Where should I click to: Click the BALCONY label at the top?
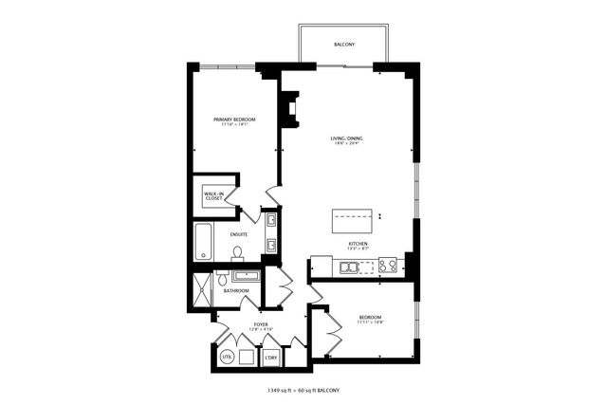pyautogui.click(x=343, y=45)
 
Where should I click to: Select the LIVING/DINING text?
pyautogui.click(x=346, y=139)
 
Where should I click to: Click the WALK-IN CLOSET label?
pyautogui.click(x=213, y=196)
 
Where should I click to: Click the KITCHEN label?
pyautogui.click(x=358, y=244)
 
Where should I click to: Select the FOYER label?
pyautogui.click(x=260, y=325)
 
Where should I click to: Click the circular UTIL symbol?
pyautogui.click(x=227, y=358)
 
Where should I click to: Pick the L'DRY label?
pyautogui.click(x=270, y=358)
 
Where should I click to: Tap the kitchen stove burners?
pyautogui.click(x=387, y=266)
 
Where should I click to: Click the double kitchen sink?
pyautogui.click(x=350, y=267)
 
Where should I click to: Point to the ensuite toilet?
pyautogui.click(x=238, y=251)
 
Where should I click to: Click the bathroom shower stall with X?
pyautogui.click(x=201, y=290)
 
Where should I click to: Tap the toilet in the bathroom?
pyautogui.click(x=221, y=276)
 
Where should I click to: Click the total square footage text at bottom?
pyautogui.click(x=303, y=390)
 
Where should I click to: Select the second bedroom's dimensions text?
pyautogui.click(x=370, y=322)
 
